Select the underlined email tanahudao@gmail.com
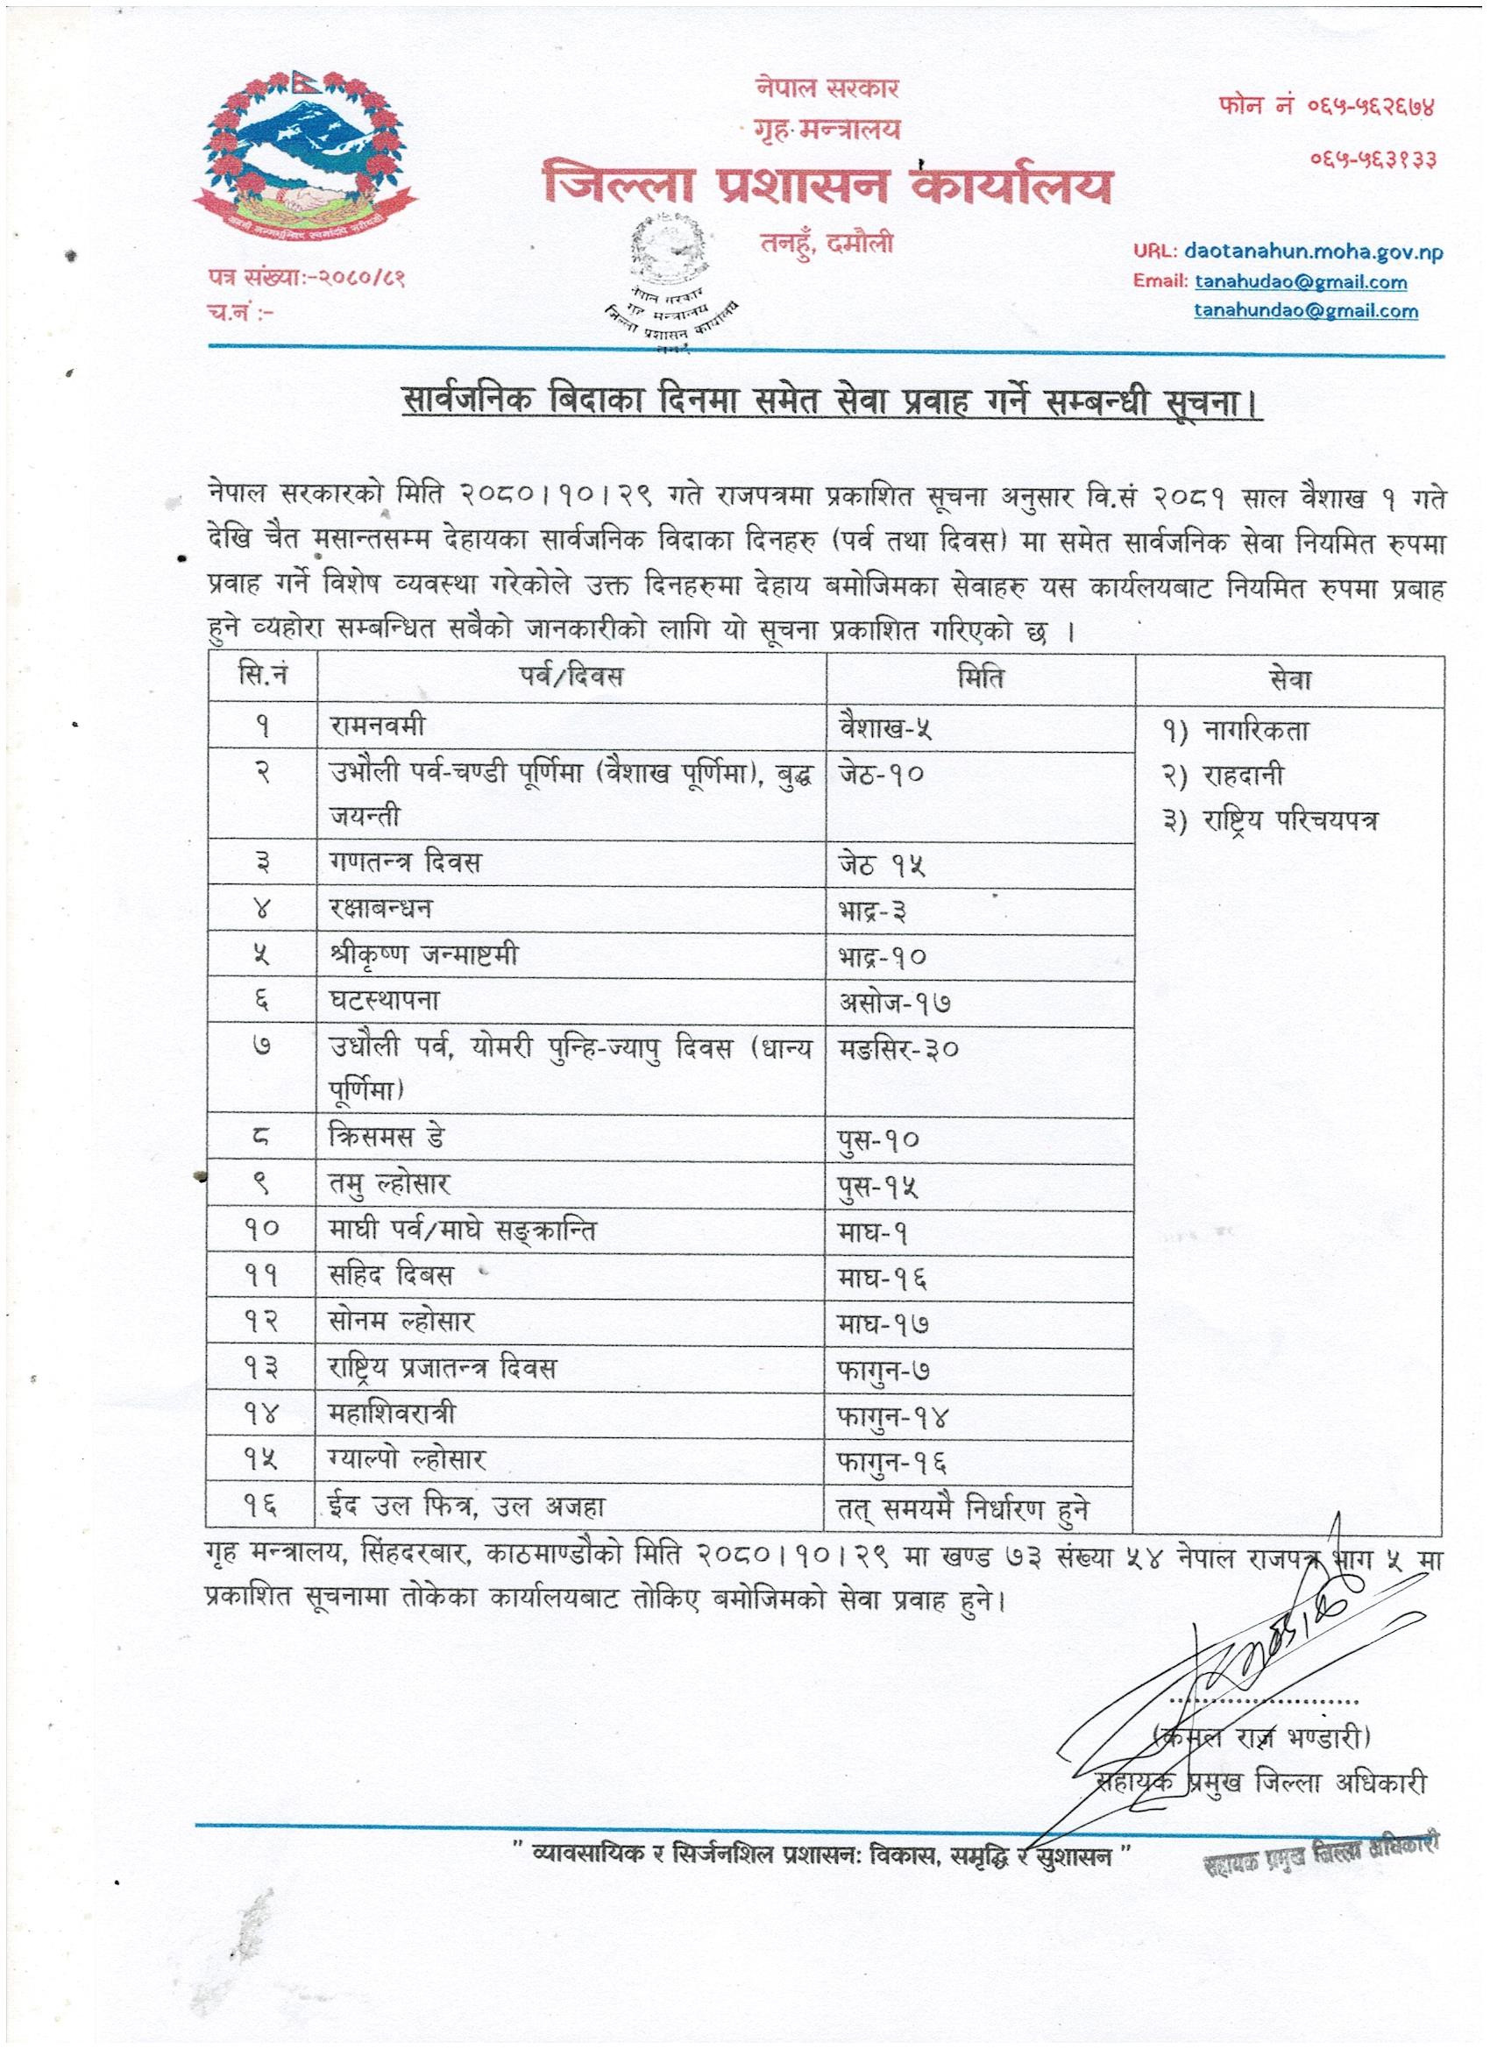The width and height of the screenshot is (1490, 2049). (1301, 282)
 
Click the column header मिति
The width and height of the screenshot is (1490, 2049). (980, 677)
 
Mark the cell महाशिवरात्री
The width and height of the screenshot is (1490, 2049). (392, 1413)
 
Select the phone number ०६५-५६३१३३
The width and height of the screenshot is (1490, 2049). (1373, 160)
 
